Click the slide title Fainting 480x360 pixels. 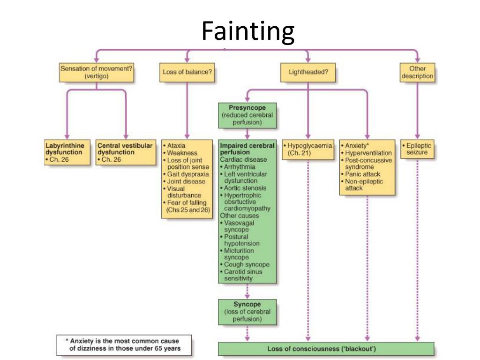[248, 31]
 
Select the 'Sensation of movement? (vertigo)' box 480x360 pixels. [97, 72]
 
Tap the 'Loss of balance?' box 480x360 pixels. [187, 72]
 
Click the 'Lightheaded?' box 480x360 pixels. [308, 72]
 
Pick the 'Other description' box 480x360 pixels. [417, 72]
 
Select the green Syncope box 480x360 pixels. [247, 312]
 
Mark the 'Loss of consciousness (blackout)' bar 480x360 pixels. [326, 349]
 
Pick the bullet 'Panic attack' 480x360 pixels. [363, 174]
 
